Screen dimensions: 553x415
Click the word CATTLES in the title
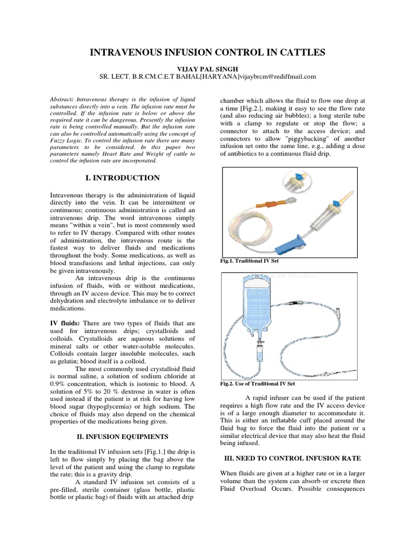coord(298,52)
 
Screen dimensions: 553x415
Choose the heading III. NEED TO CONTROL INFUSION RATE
coord(292,457)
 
